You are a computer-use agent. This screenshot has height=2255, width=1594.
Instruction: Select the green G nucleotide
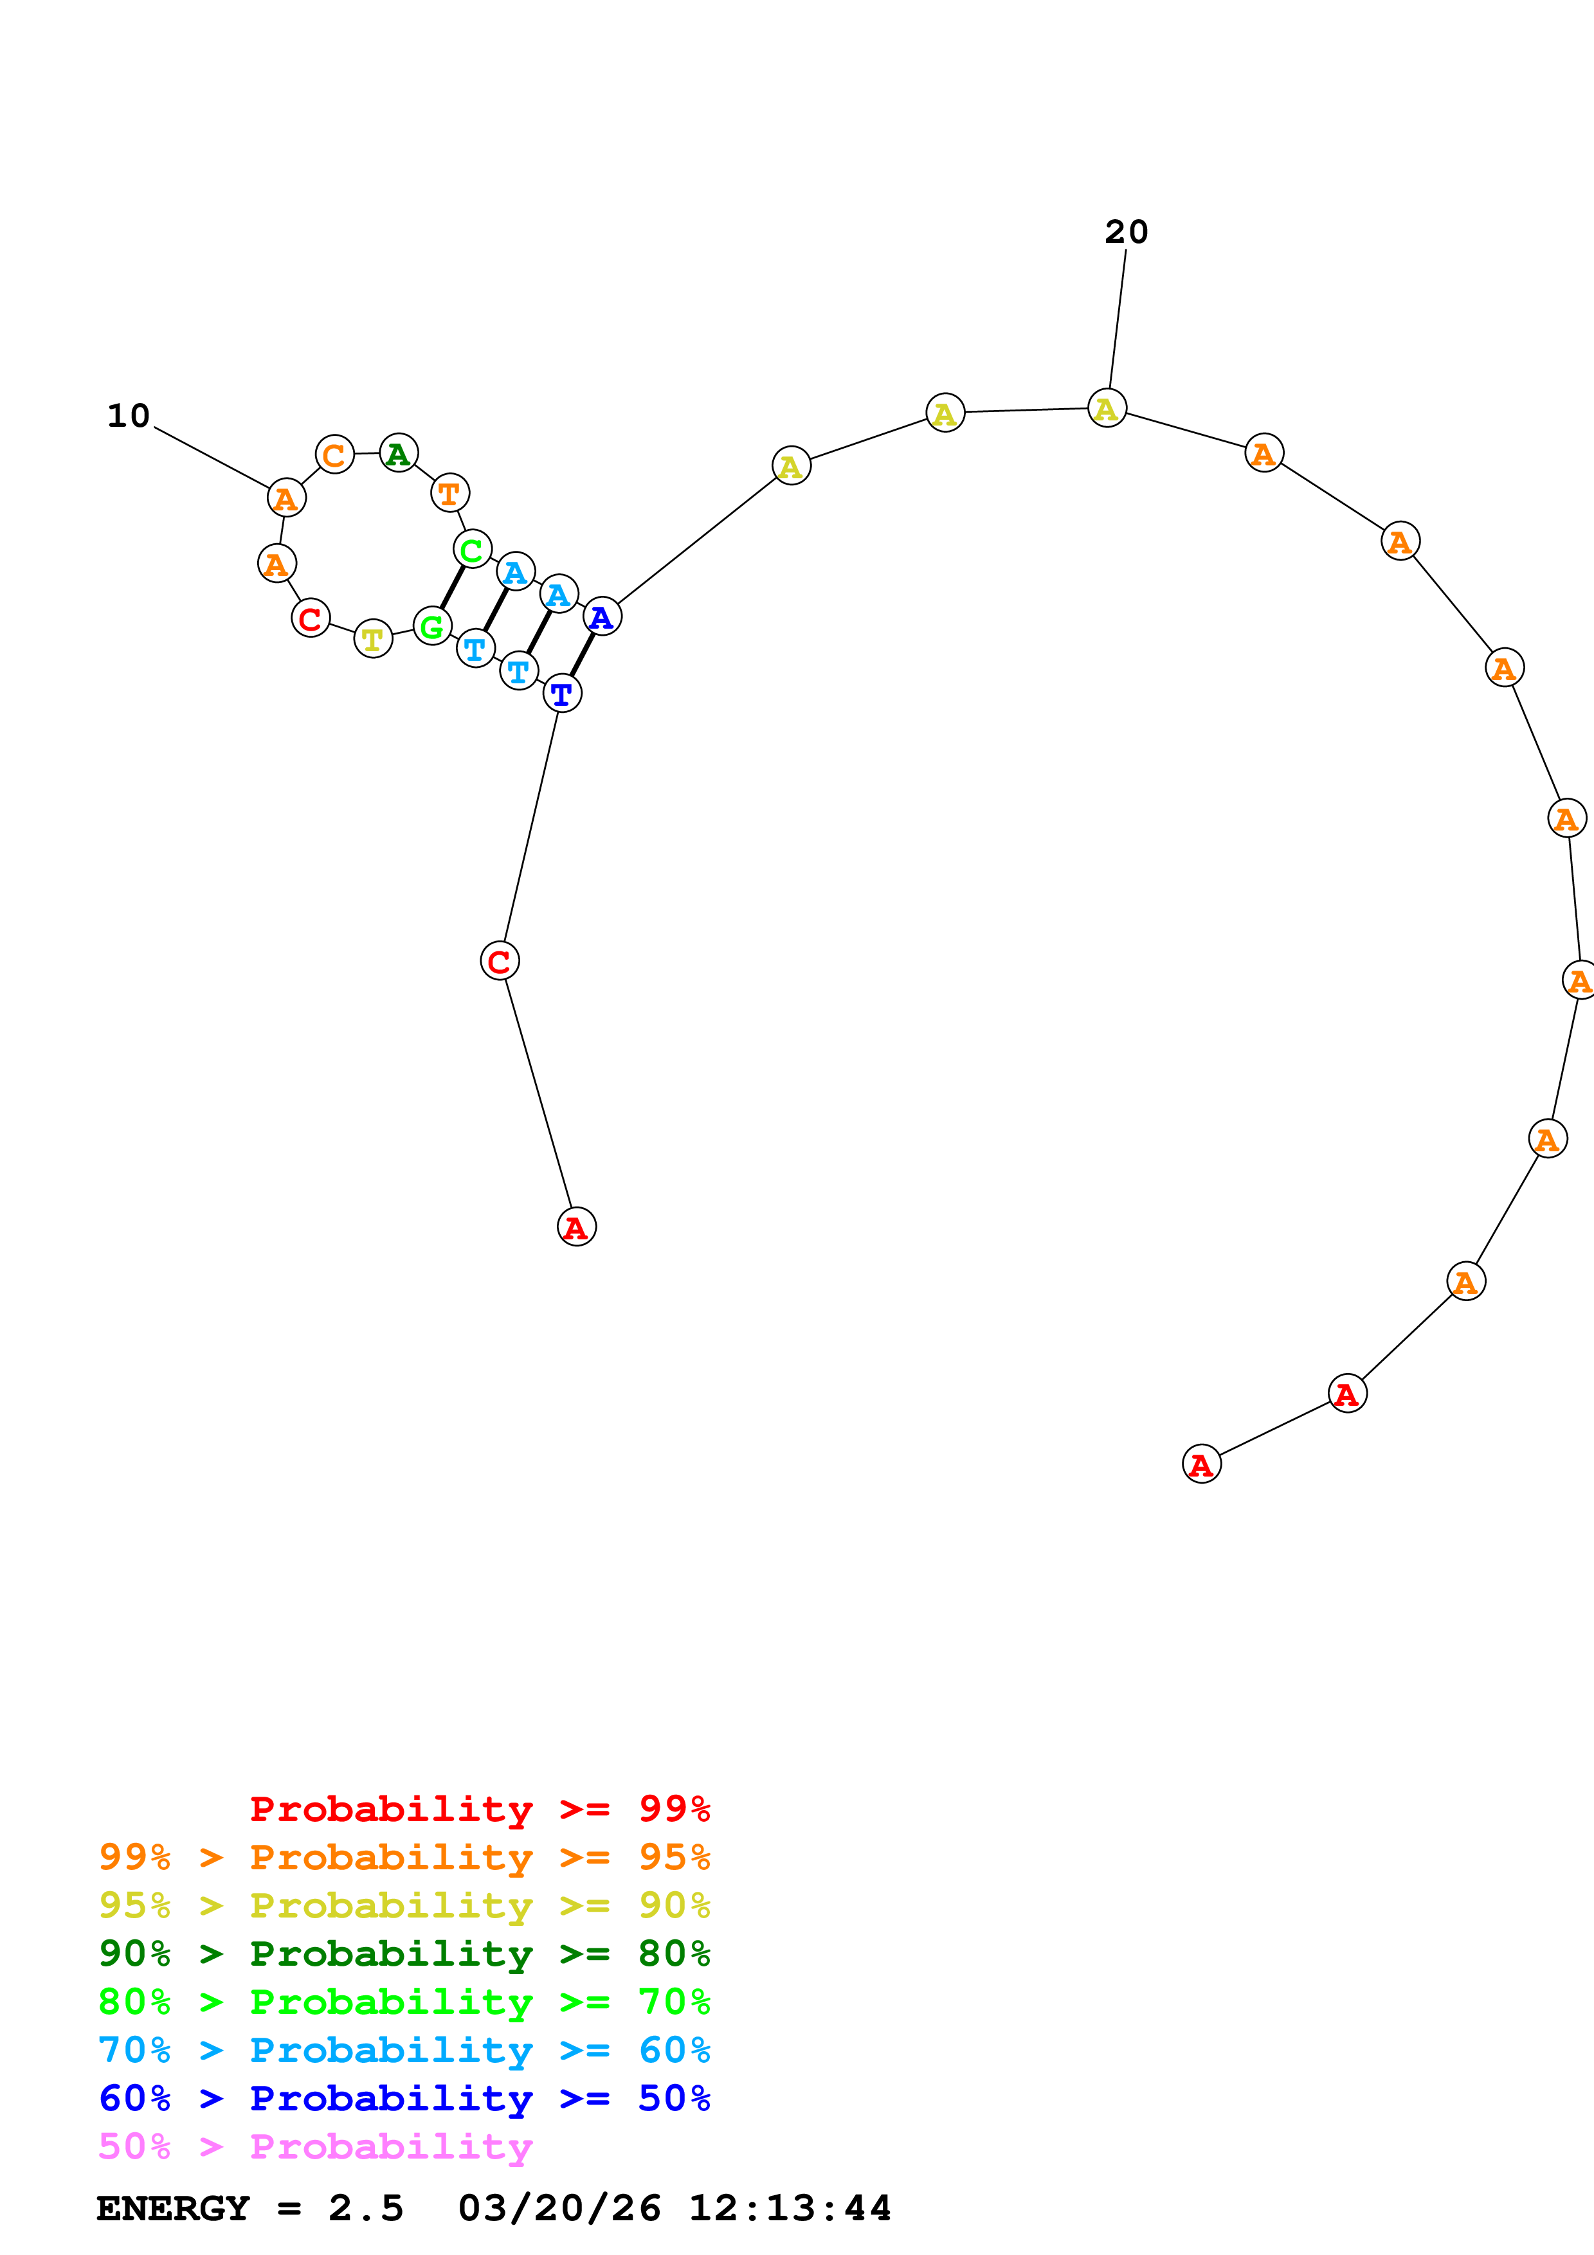[432, 625]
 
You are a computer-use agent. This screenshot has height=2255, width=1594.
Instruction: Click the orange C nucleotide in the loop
[335, 454]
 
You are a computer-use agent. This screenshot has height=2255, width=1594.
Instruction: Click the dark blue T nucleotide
[562, 694]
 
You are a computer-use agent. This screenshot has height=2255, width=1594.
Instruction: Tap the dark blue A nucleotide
[602, 617]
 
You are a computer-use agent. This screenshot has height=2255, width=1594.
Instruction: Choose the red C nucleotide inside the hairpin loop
[311, 618]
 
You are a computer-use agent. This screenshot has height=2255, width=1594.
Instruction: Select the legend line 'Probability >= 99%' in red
[479, 1809]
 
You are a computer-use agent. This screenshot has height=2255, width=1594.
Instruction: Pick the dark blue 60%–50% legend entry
[404, 2098]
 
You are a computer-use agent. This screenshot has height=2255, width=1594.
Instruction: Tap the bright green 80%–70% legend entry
[404, 2002]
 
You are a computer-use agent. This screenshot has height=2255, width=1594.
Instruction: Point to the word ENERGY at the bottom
[173, 2208]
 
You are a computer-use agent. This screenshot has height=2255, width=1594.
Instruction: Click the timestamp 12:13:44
[789, 2208]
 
